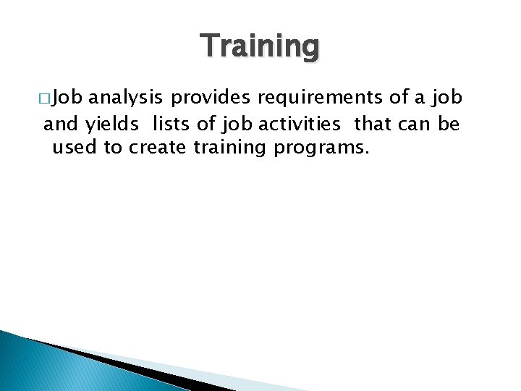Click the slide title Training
pyautogui.click(x=260, y=46)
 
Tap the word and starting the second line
pyautogui.click(x=61, y=124)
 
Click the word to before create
pyautogui.click(x=114, y=149)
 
